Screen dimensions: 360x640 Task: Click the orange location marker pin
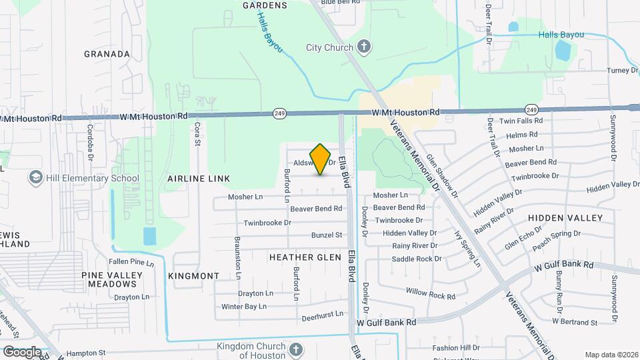tap(321, 159)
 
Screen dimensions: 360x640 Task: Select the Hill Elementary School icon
tap(35, 178)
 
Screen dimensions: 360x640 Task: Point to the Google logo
tap(21, 351)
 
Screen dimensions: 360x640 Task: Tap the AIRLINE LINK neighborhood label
tap(199, 179)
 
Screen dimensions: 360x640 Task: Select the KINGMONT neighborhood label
tap(194, 275)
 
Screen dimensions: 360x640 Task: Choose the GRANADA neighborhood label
tap(107, 53)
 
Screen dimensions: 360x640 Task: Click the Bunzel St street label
tap(327, 235)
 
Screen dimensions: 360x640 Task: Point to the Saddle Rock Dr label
tap(417, 259)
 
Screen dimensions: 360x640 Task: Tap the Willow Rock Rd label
tap(430, 293)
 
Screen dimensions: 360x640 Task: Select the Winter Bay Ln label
tap(244, 307)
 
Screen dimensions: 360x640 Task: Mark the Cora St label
tap(197, 131)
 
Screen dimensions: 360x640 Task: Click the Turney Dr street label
tap(604, 71)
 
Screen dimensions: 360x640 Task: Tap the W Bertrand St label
tap(575, 322)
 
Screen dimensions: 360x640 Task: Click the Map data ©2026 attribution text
tap(610, 354)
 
